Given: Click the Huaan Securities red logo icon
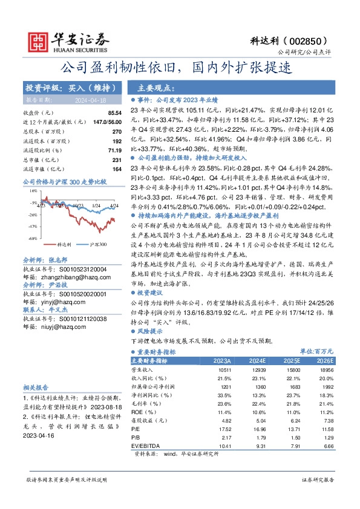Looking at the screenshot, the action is pyautogui.click(x=40, y=41).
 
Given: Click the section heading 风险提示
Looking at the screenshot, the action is pyautogui.click(x=154, y=332).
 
